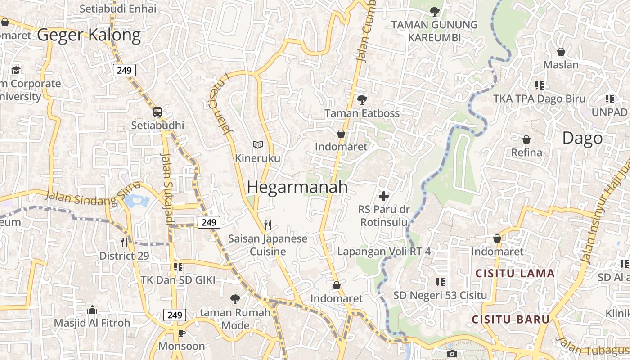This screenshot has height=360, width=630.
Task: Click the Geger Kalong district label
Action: pyautogui.click(x=89, y=35)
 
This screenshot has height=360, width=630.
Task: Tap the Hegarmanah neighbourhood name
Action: pyautogui.click(x=297, y=187)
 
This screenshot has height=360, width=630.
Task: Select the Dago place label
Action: pyautogui.click(x=582, y=138)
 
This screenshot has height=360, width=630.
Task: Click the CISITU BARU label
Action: pyautogui.click(x=511, y=319)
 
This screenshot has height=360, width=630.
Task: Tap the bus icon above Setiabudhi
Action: pyautogui.click(x=157, y=112)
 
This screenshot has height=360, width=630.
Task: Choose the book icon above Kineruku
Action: pyautogui.click(x=257, y=144)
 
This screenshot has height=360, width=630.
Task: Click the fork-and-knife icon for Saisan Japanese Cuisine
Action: pyautogui.click(x=268, y=225)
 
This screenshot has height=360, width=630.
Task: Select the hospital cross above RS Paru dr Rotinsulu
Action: pyautogui.click(x=384, y=196)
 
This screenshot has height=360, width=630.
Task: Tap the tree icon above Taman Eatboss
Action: pyautogui.click(x=362, y=100)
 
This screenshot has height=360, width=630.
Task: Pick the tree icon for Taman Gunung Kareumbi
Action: pyautogui.click(x=434, y=11)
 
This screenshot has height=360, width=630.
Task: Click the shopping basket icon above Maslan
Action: pyautogui.click(x=561, y=52)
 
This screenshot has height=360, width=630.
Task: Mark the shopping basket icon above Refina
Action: pyautogui.click(x=526, y=139)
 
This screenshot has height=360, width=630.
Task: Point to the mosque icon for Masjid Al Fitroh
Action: pyautogui.click(x=92, y=310)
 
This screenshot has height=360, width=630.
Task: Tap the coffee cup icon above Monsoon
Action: pyautogui.click(x=181, y=333)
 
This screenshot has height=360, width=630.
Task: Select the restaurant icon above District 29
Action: pyautogui.click(x=124, y=242)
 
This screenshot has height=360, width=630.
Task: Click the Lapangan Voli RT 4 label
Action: pyautogui.click(x=384, y=252)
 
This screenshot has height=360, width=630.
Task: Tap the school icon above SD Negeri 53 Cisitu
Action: pyautogui.click(x=440, y=282)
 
